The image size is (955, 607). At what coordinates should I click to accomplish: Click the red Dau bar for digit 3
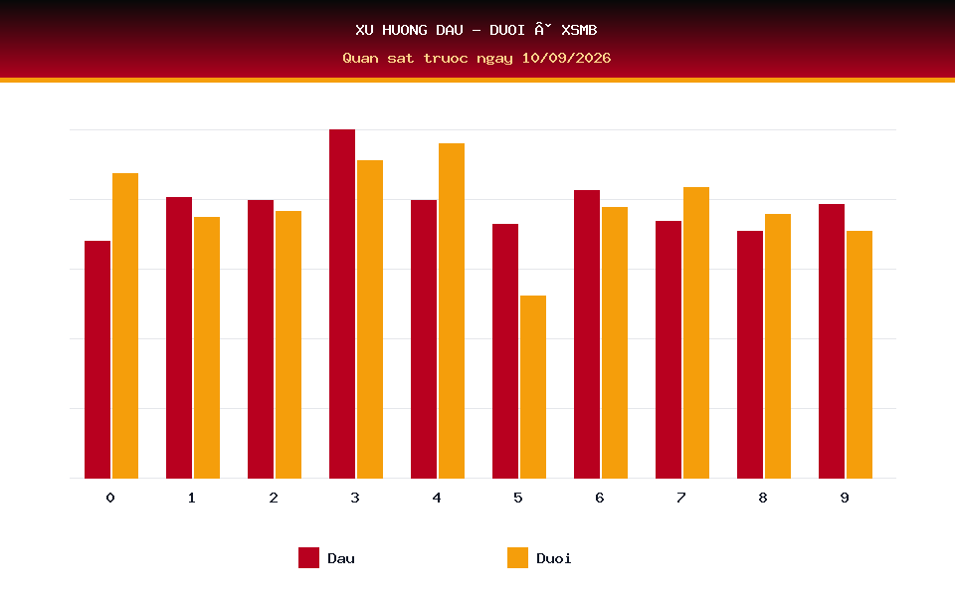click(342, 303)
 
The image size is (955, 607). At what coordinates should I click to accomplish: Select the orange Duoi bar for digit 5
click(533, 387)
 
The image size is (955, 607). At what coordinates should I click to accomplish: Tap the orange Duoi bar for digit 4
click(452, 310)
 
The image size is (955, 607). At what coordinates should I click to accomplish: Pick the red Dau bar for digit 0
click(97, 359)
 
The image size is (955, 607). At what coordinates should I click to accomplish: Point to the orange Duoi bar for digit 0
click(125, 325)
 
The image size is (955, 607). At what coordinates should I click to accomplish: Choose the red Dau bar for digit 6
click(587, 334)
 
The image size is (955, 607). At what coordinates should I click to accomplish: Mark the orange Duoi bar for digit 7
click(696, 332)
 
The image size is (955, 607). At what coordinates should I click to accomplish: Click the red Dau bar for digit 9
click(832, 341)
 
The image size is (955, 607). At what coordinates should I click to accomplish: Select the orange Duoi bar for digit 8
click(778, 346)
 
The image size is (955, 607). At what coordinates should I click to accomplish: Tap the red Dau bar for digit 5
click(505, 351)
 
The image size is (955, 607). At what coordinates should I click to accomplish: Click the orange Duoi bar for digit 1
click(207, 347)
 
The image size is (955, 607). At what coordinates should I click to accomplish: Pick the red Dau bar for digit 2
click(261, 339)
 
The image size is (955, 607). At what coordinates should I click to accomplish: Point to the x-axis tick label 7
click(680, 498)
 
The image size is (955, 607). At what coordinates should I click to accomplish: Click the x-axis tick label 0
click(110, 498)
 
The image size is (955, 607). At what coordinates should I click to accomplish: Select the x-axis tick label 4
click(437, 498)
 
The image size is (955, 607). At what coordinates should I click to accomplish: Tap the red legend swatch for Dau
click(308, 557)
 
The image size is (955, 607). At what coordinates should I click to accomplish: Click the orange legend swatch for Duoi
click(517, 557)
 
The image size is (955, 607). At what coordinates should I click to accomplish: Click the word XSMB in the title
click(579, 30)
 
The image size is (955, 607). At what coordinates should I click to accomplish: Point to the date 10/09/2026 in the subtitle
click(566, 58)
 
